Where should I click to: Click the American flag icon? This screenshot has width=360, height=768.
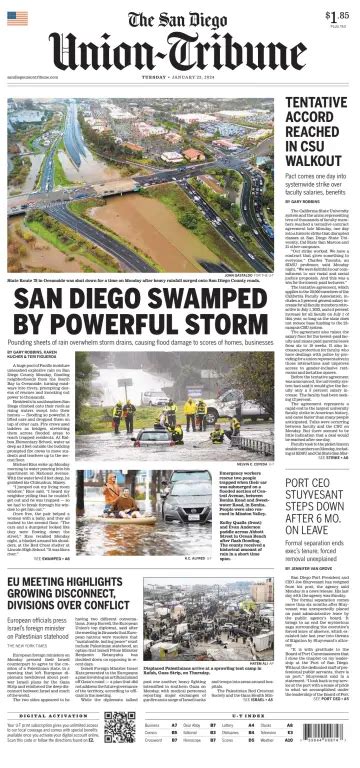[17, 17]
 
